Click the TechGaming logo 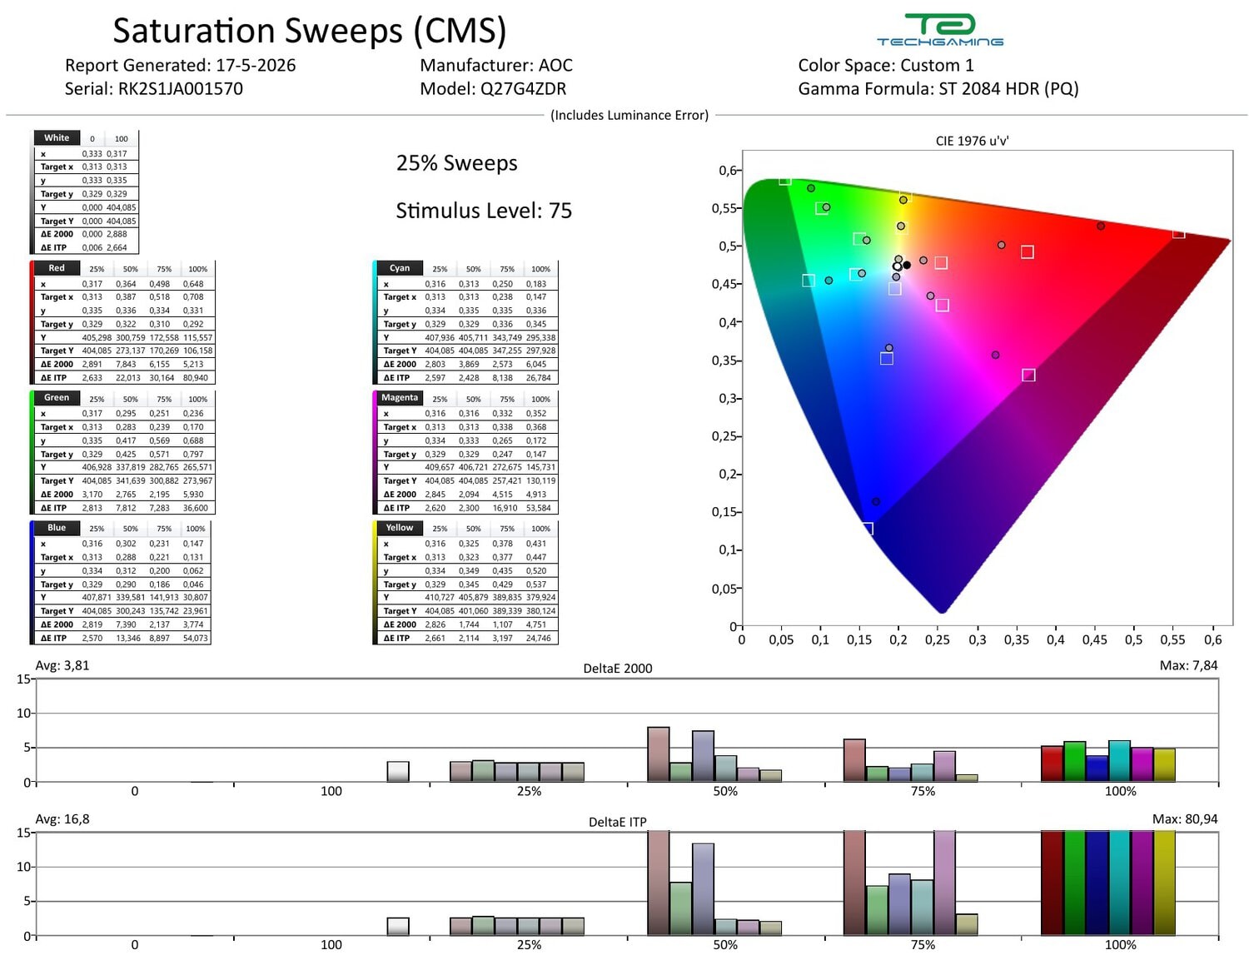(940, 29)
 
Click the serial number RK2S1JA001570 (180, 89)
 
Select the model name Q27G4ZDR (523, 89)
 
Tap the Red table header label (57, 268)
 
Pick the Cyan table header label (400, 268)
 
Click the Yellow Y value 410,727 (440, 597)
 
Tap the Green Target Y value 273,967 (197, 480)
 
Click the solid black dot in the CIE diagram (907, 265)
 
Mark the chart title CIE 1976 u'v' (972, 141)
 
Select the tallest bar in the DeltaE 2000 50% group (658, 754)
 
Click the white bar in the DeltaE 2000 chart (398, 771)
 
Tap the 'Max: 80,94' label (1185, 819)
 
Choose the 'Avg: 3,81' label (62, 665)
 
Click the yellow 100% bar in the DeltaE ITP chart (1164, 883)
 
